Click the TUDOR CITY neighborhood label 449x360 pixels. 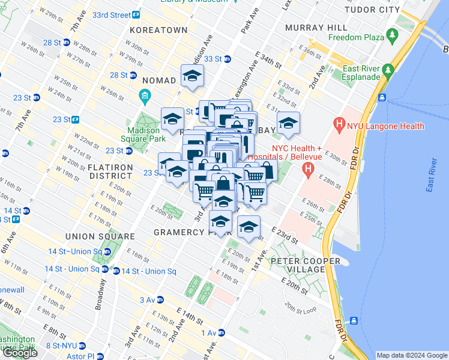376,10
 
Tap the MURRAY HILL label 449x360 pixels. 316,28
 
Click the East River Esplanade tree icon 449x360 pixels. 388,70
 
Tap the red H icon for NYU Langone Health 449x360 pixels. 340,125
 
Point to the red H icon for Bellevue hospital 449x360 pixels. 309,169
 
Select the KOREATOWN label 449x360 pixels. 159,30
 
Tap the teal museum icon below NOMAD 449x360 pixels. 144,96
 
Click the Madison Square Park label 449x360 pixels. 143,135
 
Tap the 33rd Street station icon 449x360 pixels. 136,14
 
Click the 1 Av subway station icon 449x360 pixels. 221,332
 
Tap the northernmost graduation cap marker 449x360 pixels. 192,76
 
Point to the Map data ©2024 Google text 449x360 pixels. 411,355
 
